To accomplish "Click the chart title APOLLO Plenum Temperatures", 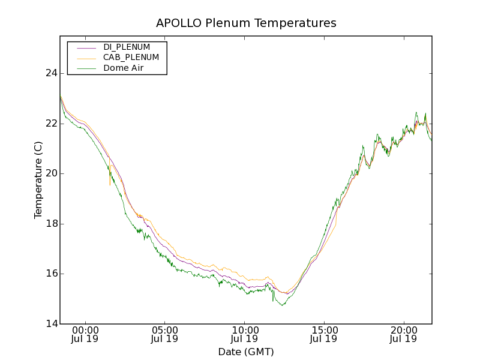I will [246, 23].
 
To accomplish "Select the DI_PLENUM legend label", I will [127, 47].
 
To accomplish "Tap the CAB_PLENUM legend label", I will [131, 58].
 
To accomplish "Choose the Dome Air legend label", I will [124, 68].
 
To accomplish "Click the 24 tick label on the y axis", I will [51, 73].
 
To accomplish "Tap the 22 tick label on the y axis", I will [51, 124].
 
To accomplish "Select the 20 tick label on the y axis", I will [51, 173].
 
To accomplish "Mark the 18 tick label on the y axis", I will [51, 224].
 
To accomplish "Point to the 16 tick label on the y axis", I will [51, 274].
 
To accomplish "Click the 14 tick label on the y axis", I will [51, 324].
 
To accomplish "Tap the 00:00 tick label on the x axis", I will [85, 329].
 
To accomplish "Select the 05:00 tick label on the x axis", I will [165, 329].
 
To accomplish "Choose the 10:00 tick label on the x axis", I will [245, 329].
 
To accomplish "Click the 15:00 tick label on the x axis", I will [324, 329].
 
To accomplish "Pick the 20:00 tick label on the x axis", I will [404, 329].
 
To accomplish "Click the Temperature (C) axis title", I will [38, 180].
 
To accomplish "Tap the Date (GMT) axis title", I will [246, 352].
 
